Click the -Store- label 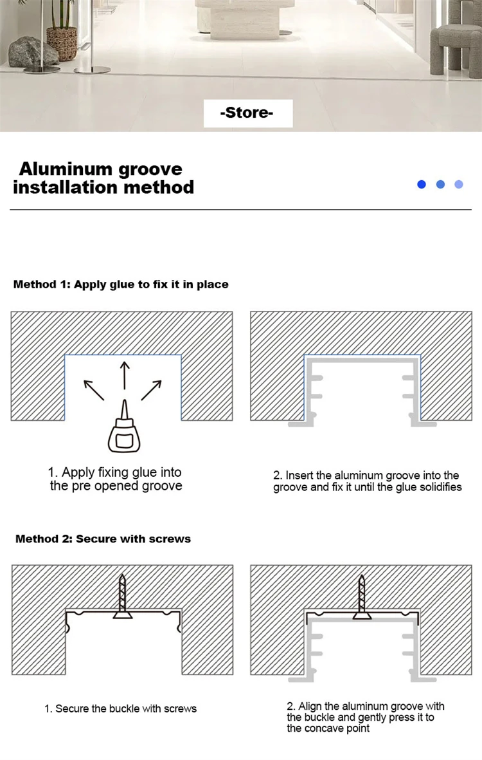pyautogui.click(x=247, y=113)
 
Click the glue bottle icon pyautogui.click(x=125, y=426)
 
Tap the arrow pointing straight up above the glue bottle pyautogui.click(x=125, y=375)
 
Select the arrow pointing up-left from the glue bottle pyautogui.click(x=94, y=390)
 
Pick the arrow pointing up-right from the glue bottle pyautogui.click(x=152, y=390)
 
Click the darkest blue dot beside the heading pyautogui.click(x=422, y=184)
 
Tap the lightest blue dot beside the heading pyautogui.click(x=459, y=184)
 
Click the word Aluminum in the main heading pyautogui.click(x=66, y=169)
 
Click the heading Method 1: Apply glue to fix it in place pyautogui.click(x=121, y=284)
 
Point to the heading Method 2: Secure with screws pyautogui.click(x=103, y=539)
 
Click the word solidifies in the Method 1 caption pyautogui.click(x=440, y=487)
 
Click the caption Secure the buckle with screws pyautogui.click(x=121, y=709)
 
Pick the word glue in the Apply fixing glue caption pyautogui.click(x=144, y=472)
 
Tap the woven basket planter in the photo pyautogui.click(x=62, y=43)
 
